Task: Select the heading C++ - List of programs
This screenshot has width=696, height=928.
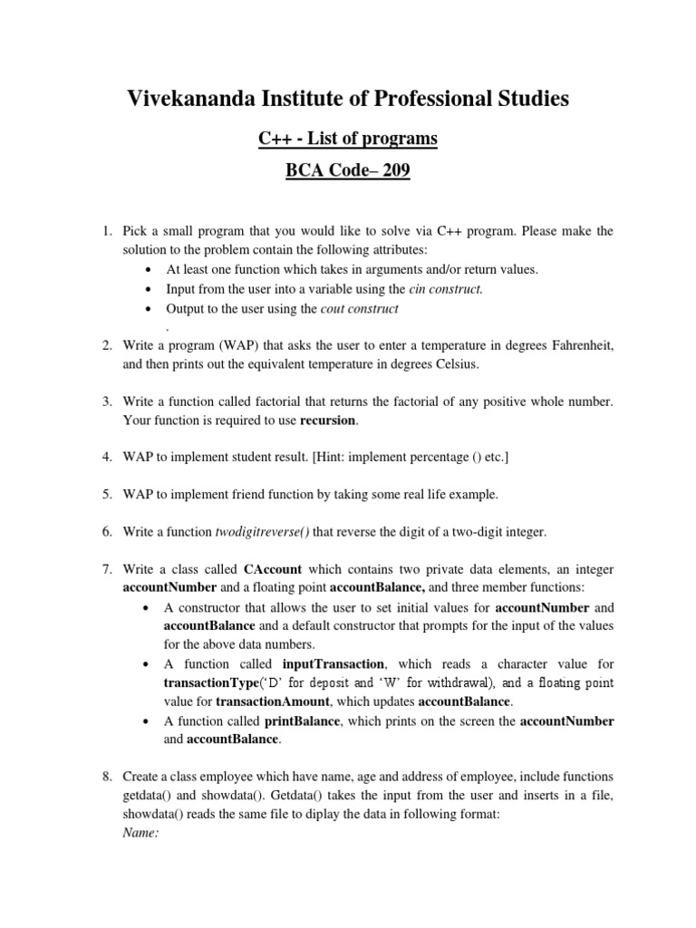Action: point(348,139)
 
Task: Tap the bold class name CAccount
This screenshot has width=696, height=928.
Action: point(274,569)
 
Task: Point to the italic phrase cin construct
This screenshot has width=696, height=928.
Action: point(447,289)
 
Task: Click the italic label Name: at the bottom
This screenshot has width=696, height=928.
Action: point(140,834)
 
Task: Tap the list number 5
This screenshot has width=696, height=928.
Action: point(106,494)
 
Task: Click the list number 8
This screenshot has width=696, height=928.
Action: point(106,777)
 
